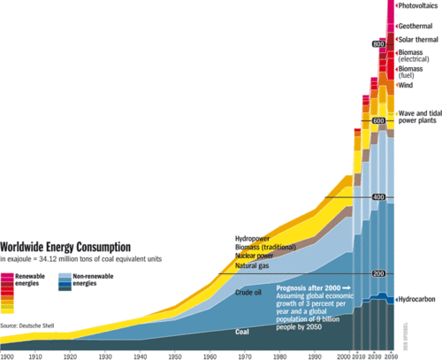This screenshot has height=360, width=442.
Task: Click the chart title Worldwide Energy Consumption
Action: [66, 247]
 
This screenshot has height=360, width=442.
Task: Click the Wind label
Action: [406, 86]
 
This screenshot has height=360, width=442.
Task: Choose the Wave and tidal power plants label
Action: [419, 119]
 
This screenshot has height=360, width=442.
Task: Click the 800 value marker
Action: [379, 44]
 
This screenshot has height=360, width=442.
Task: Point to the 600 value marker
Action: [379, 120]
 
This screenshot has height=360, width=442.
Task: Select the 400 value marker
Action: [379, 196]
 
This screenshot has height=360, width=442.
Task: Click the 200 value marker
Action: [379, 273]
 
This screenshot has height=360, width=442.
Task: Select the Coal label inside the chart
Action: [247, 332]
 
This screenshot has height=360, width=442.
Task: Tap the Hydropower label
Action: [253, 239]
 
